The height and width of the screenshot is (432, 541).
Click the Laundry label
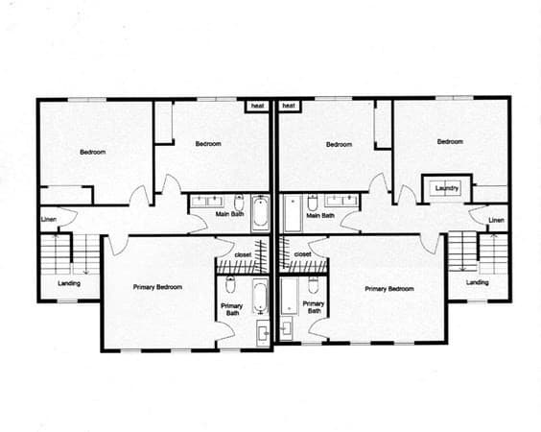[x=446, y=188]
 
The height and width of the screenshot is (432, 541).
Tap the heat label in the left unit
[x=257, y=106]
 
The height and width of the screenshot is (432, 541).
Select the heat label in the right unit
[x=289, y=106]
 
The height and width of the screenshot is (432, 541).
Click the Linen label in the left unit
[x=49, y=219]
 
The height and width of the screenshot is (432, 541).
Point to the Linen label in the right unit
[x=496, y=220]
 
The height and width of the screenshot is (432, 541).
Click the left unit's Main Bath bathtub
[x=261, y=214]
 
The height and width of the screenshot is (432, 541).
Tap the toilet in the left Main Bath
[x=239, y=202]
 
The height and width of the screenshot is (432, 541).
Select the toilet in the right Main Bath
[x=313, y=203]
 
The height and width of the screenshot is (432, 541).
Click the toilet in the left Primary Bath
[x=230, y=284]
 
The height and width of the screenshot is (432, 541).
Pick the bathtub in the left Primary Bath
[x=261, y=297]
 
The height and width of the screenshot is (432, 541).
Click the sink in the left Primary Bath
[x=263, y=333]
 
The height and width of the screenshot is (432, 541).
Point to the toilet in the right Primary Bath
[x=314, y=284]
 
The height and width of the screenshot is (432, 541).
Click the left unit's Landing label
[x=69, y=283]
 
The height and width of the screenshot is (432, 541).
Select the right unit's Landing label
[x=477, y=282]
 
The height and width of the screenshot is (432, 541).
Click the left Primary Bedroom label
[x=157, y=287]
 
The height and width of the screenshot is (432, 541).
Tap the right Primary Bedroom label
[x=389, y=289]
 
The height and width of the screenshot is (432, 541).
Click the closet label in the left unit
[x=243, y=254]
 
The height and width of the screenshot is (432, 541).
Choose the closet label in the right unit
[x=302, y=254]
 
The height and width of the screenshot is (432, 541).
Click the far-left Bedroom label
[x=93, y=152]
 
